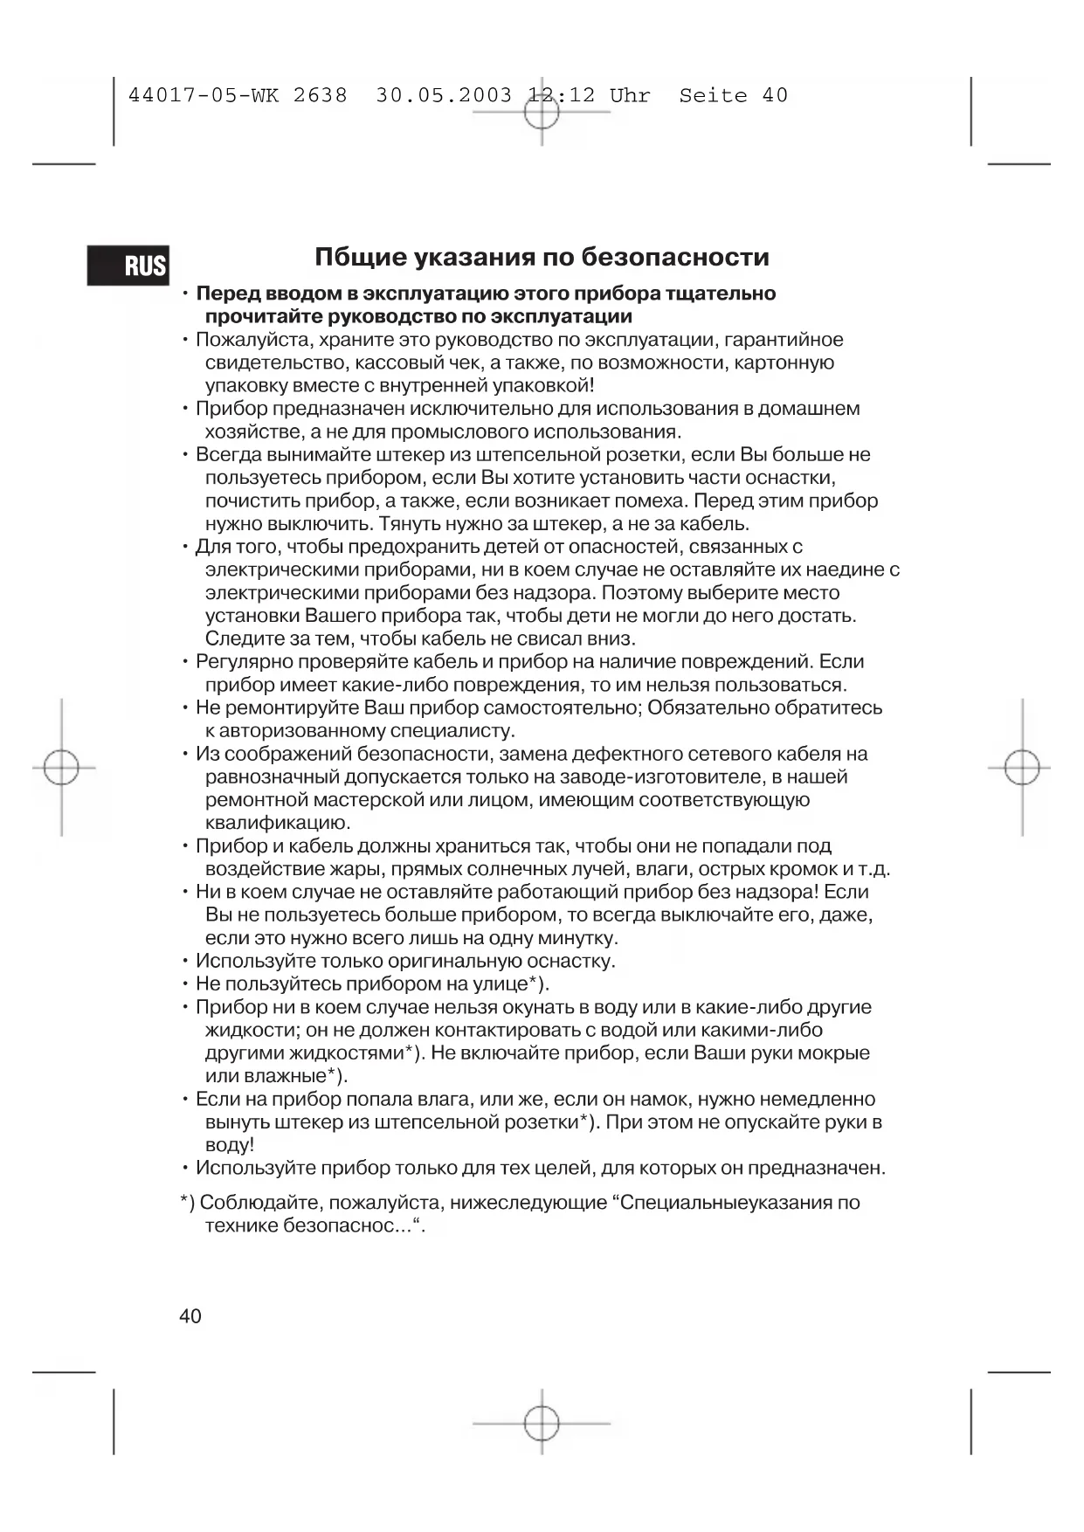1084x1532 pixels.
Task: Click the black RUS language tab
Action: [128, 265]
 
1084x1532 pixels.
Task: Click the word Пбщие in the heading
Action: [358, 257]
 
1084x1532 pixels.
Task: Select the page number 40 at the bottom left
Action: [190, 1316]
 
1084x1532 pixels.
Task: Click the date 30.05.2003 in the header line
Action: [444, 95]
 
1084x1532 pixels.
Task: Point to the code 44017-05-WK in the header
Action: [204, 95]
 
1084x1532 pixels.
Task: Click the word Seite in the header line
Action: [714, 95]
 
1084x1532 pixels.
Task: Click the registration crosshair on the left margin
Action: [61, 769]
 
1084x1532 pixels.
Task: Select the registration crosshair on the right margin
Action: [1022, 769]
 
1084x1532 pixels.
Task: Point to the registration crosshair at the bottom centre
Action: [542, 1423]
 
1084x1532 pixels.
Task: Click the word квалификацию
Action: [277, 823]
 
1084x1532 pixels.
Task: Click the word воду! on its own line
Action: [230, 1145]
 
